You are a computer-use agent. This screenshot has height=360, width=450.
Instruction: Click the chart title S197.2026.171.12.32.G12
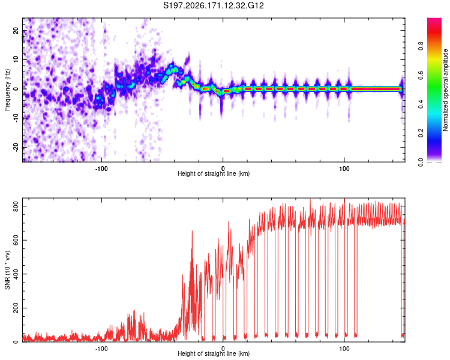coord(213,5)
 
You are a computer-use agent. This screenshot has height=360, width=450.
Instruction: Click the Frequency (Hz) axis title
coord(7,90)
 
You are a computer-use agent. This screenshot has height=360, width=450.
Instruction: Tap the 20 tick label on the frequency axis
coord(16,31)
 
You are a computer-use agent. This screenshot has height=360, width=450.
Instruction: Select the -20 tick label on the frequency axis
coord(16,147)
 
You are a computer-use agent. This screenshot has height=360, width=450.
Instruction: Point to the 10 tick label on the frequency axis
coord(16,60)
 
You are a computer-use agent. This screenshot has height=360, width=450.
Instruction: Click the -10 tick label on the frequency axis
coord(16,118)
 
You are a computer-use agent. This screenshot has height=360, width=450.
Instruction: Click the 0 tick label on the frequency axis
coord(16,89)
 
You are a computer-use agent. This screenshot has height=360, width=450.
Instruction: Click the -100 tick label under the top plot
coord(101,169)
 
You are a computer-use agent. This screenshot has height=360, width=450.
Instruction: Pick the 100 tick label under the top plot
coord(344,169)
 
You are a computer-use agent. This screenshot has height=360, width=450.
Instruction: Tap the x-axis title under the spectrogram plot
coord(214,173)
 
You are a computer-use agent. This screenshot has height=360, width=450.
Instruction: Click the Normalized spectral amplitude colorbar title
coord(445,90)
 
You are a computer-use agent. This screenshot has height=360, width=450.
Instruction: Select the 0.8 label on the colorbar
coord(421,46)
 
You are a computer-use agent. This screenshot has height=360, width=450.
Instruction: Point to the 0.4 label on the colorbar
coord(421,104)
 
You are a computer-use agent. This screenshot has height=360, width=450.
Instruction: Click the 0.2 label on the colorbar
coord(421,133)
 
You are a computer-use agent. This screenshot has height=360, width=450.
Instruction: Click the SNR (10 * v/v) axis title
coord(7,270)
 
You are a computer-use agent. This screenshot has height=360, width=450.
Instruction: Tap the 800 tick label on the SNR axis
coord(16,206)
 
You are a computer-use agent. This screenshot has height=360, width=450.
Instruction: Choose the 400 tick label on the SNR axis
coord(16,274)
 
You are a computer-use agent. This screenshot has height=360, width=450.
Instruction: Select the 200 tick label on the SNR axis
coord(16,308)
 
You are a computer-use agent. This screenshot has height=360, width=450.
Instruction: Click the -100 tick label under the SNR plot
coord(101,349)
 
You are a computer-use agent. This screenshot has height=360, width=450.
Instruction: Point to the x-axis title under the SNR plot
coord(214,353)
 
